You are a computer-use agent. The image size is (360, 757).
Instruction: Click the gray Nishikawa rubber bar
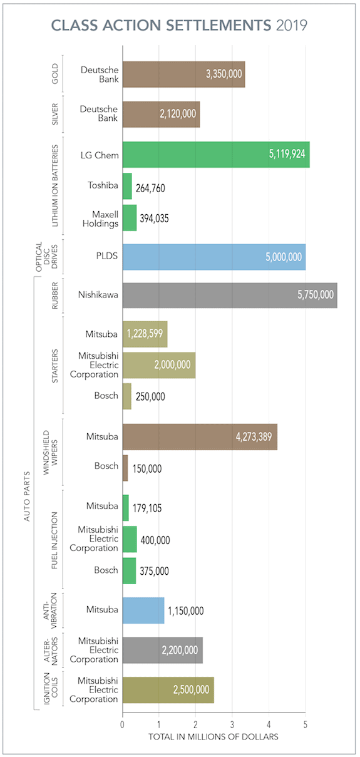[230, 295]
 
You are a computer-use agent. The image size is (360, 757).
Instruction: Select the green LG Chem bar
[216, 155]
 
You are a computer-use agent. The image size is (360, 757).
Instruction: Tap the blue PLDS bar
[214, 257]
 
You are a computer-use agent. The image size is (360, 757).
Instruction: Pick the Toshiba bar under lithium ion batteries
[127, 186]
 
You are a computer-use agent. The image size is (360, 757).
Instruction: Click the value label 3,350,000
[224, 74]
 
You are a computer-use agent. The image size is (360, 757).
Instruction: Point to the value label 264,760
[150, 188]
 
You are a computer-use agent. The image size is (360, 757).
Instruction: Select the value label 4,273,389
[254, 436]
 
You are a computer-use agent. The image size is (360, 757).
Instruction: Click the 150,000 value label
[147, 469]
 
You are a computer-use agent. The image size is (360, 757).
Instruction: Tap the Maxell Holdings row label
[100, 219]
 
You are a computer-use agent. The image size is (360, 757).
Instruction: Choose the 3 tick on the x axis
[232, 725]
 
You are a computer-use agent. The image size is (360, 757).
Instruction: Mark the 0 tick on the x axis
[122, 725]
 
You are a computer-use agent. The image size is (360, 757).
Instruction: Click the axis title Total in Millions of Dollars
[213, 737]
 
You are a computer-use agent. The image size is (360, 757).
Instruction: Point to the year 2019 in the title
[292, 25]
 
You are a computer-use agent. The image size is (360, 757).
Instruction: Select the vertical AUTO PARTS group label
[27, 497]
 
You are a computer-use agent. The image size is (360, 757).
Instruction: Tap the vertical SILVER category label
[54, 114]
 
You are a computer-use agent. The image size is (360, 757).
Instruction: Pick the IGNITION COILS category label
[51, 689]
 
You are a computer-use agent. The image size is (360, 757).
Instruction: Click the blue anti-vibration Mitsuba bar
[143, 610]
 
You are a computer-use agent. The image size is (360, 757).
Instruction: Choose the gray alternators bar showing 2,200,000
[163, 650]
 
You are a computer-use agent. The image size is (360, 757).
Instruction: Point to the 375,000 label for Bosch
[154, 571]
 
